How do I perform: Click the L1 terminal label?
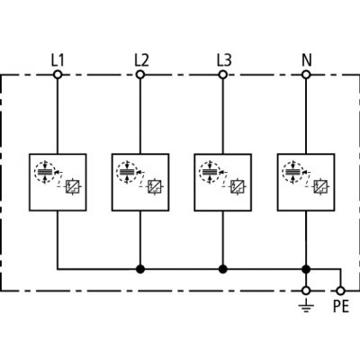pyautogui.click(x=58, y=60)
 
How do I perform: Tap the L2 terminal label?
pyautogui.click(x=141, y=60)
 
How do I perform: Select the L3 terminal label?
pyautogui.click(x=224, y=60)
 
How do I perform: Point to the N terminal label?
pyautogui.click(x=307, y=60)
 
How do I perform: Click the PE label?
pyautogui.click(x=341, y=307)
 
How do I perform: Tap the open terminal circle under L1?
pyautogui.click(x=58, y=75)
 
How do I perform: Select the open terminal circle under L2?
pyautogui.click(x=140, y=75)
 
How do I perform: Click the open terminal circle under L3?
pyautogui.click(x=222, y=75)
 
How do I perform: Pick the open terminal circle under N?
pyautogui.click(x=306, y=75)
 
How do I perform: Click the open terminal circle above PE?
pyautogui.click(x=340, y=291)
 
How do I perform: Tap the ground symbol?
pyautogui.click(x=306, y=306)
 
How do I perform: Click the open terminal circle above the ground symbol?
pyautogui.click(x=306, y=291)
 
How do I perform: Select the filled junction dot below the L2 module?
pyautogui.click(x=140, y=269)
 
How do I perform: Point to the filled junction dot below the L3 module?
pyautogui.click(x=222, y=269)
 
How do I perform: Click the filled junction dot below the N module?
pyautogui.click(x=306, y=269)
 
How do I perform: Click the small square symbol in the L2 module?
pyautogui.click(x=155, y=187)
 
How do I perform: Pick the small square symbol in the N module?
pyautogui.click(x=320, y=187)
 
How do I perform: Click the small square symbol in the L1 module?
pyautogui.click(x=72, y=187)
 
